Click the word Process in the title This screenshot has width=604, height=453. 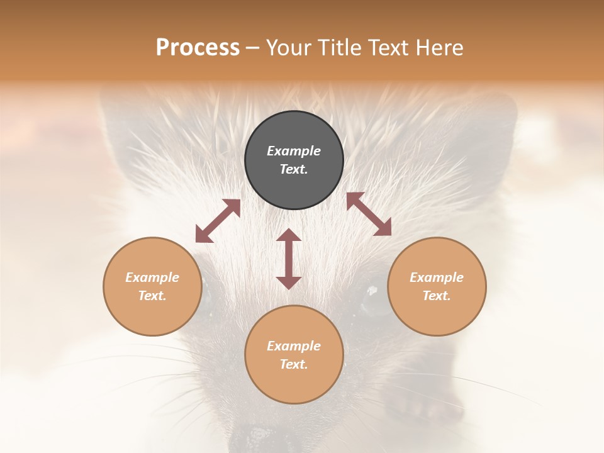click(198, 48)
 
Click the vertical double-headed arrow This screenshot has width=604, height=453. click(289, 259)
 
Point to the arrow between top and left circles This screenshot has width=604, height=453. click(218, 221)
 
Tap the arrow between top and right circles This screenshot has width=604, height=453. click(369, 214)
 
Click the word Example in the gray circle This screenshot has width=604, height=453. click(294, 151)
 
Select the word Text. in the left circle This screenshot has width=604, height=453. click(152, 296)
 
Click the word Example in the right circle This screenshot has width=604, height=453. click(437, 277)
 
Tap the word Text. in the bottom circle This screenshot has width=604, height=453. click(294, 364)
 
